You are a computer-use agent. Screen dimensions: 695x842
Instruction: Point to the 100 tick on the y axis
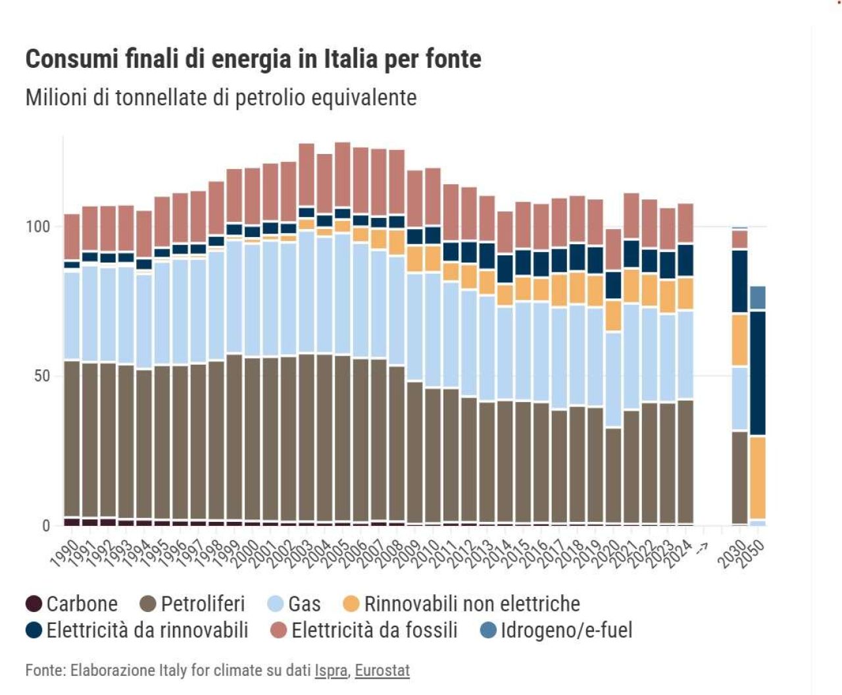37,226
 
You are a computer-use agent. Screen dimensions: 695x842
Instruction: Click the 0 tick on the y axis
46,525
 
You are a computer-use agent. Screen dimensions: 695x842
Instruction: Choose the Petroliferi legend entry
192,604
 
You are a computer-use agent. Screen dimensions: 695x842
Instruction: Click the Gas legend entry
295,604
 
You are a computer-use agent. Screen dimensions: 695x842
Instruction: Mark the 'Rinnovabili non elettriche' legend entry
462,604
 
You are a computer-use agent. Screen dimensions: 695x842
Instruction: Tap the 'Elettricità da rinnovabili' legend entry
137,630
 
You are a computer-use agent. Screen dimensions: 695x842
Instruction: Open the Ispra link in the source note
331,671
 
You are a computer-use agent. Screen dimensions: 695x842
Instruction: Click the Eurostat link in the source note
382,671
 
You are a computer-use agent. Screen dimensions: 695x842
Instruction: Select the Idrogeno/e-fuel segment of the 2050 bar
758,298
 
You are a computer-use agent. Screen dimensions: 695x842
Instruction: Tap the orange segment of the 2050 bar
758,478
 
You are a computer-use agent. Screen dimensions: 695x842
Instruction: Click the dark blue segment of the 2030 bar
740,282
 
